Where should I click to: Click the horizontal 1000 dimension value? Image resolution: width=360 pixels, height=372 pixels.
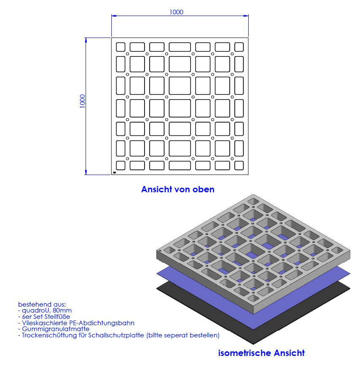176,12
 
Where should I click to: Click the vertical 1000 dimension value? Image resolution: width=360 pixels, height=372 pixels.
82,101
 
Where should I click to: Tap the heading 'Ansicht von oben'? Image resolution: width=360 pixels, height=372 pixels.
178,189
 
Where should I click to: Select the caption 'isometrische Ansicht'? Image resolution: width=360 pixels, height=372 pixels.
261,353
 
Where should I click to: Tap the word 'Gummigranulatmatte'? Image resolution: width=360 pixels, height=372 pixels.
56,329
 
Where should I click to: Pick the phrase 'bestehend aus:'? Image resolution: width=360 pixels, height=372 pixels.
42,305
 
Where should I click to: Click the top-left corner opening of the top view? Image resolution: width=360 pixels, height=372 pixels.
121,47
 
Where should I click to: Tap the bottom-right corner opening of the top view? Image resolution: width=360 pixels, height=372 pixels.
239,166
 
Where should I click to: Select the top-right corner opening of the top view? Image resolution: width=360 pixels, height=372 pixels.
239,47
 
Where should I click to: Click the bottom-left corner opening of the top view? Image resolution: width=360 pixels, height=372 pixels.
121,166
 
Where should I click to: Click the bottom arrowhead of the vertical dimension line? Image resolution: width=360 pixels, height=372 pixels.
86,172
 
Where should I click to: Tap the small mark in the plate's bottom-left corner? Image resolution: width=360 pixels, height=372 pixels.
115,173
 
